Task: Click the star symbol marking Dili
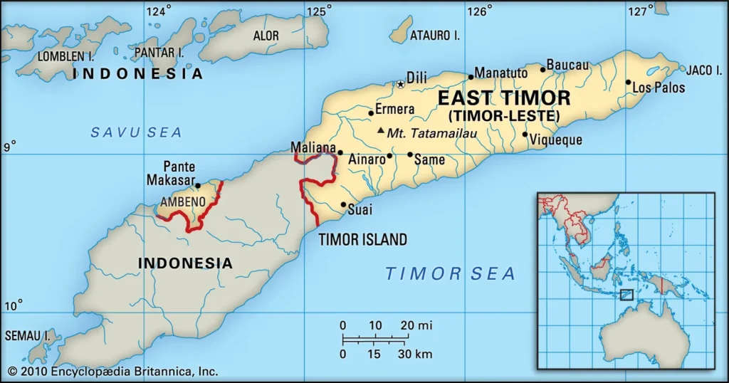click(400, 84)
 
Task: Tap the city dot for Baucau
click(542, 69)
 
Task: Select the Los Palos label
click(659, 88)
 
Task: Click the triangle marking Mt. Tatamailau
click(381, 130)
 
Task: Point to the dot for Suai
click(344, 205)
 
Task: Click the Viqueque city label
click(557, 140)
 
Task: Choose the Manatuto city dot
click(471, 77)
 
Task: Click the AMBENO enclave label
click(183, 202)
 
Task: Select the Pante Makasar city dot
click(197, 186)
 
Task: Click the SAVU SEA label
click(136, 132)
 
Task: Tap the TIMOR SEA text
click(450, 273)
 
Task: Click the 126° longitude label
click(480, 11)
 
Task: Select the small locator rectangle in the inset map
click(626, 295)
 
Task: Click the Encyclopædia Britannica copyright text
click(112, 371)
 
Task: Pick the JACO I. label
click(704, 70)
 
